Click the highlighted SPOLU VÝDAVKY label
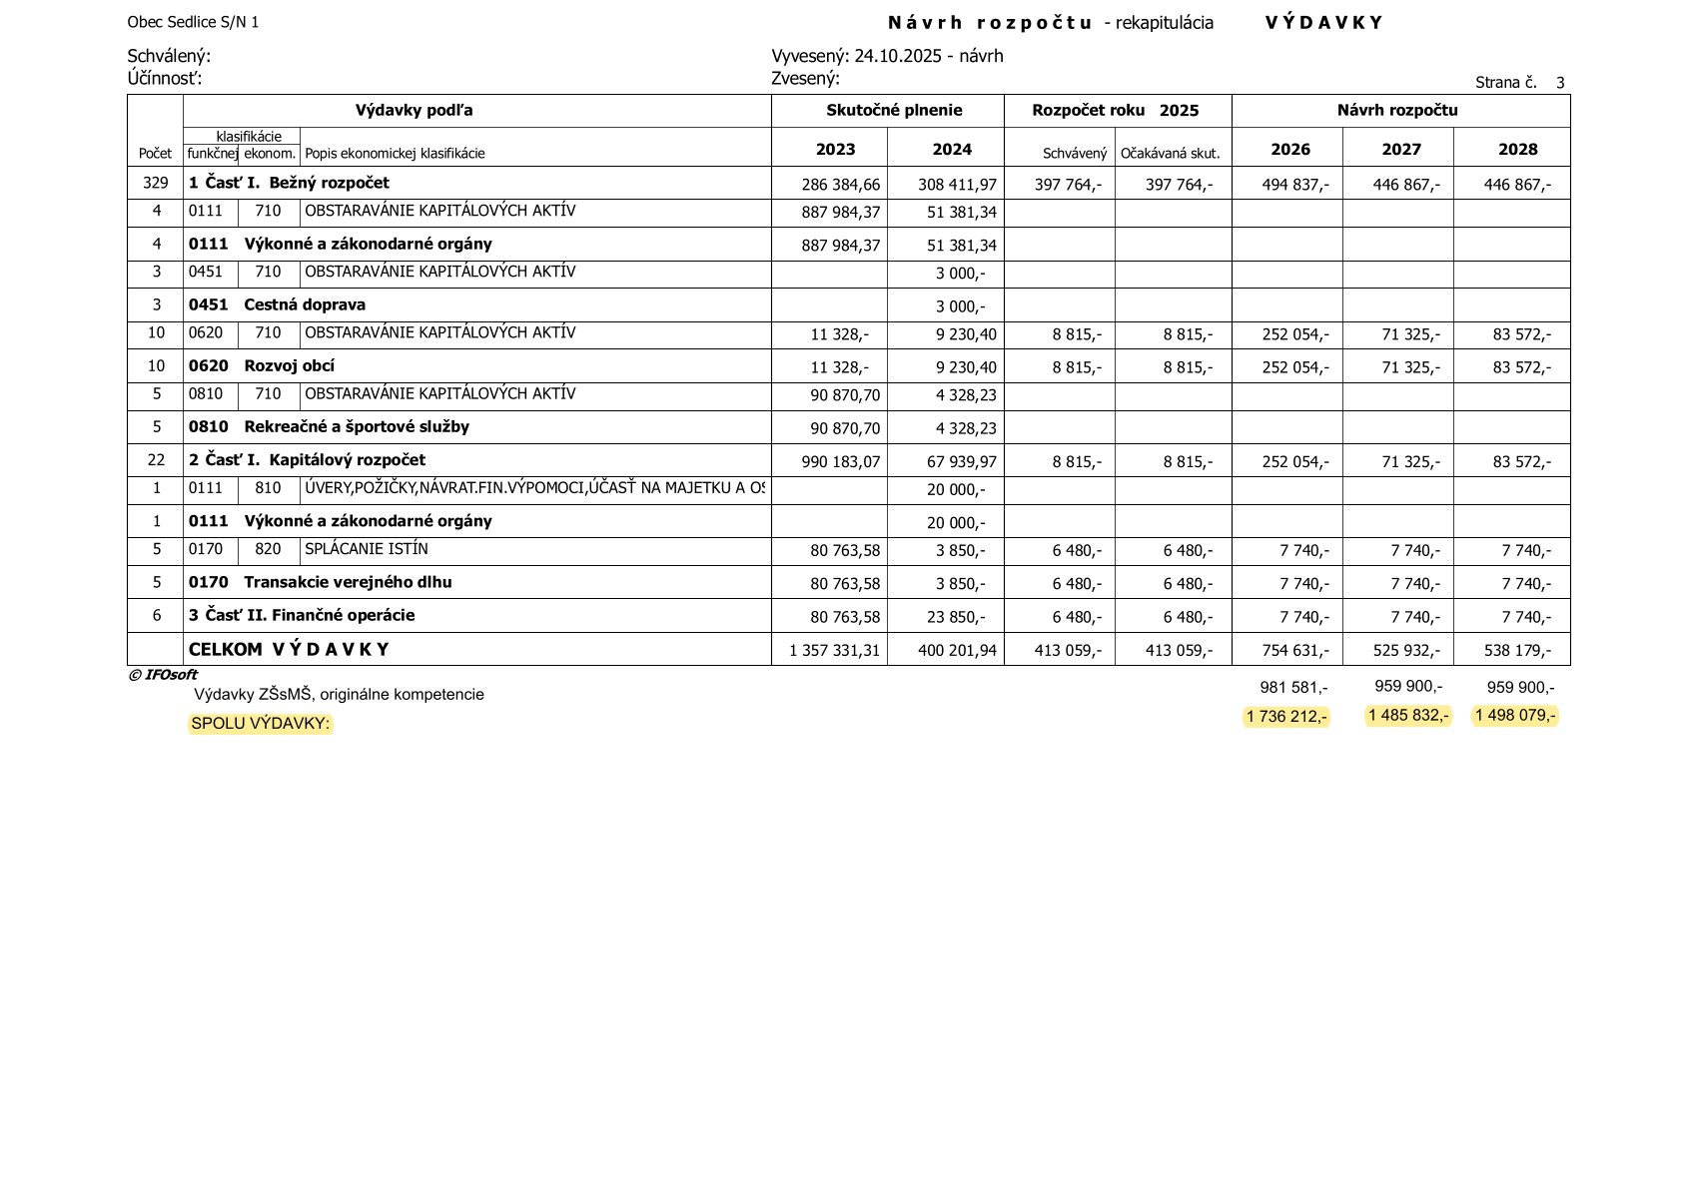point(260,723)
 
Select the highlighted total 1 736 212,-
point(1286,717)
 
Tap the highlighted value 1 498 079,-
point(1515,716)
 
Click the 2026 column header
point(1289,150)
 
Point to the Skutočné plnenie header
point(894,111)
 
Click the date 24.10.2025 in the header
point(898,56)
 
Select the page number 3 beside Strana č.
point(1560,83)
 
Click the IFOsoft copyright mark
point(163,675)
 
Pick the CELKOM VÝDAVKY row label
point(289,650)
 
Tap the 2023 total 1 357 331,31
point(834,651)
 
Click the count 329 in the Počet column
point(156,184)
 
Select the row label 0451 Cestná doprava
point(277,305)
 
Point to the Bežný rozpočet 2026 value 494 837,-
point(1295,185)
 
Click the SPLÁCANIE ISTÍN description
point(366,549)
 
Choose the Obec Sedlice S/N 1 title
point(193,22)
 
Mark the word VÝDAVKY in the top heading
point(1323,23)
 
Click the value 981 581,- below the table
point(1293,688)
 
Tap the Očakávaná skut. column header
point(1170,154)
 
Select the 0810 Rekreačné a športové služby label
point(329,427)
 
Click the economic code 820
point(268,549)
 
